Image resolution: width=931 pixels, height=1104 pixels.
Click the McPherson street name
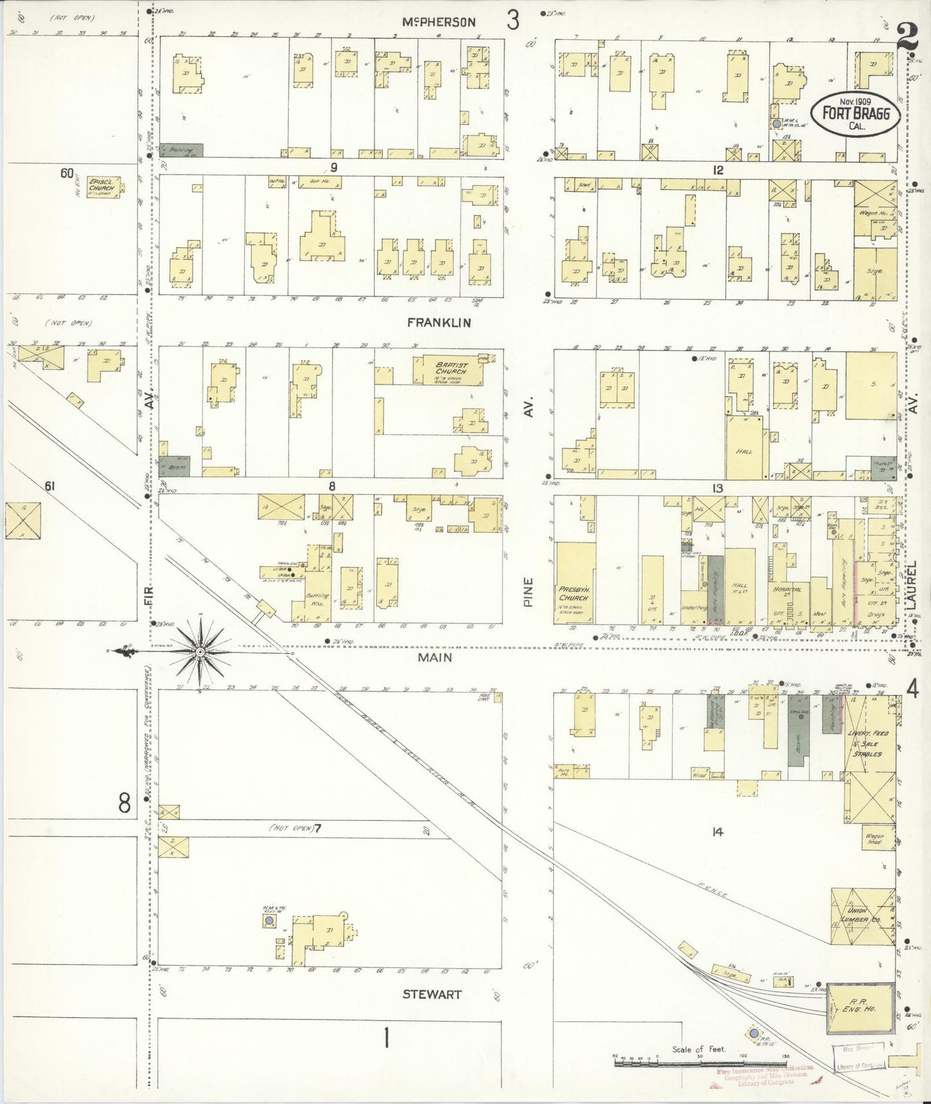439,22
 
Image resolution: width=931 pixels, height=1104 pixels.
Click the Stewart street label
432,994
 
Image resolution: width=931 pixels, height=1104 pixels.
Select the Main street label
434,658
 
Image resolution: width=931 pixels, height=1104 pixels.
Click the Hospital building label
787,589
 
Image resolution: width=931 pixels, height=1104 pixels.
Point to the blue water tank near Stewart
268,922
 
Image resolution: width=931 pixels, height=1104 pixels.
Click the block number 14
717,832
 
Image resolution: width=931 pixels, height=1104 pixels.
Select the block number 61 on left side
48,487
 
